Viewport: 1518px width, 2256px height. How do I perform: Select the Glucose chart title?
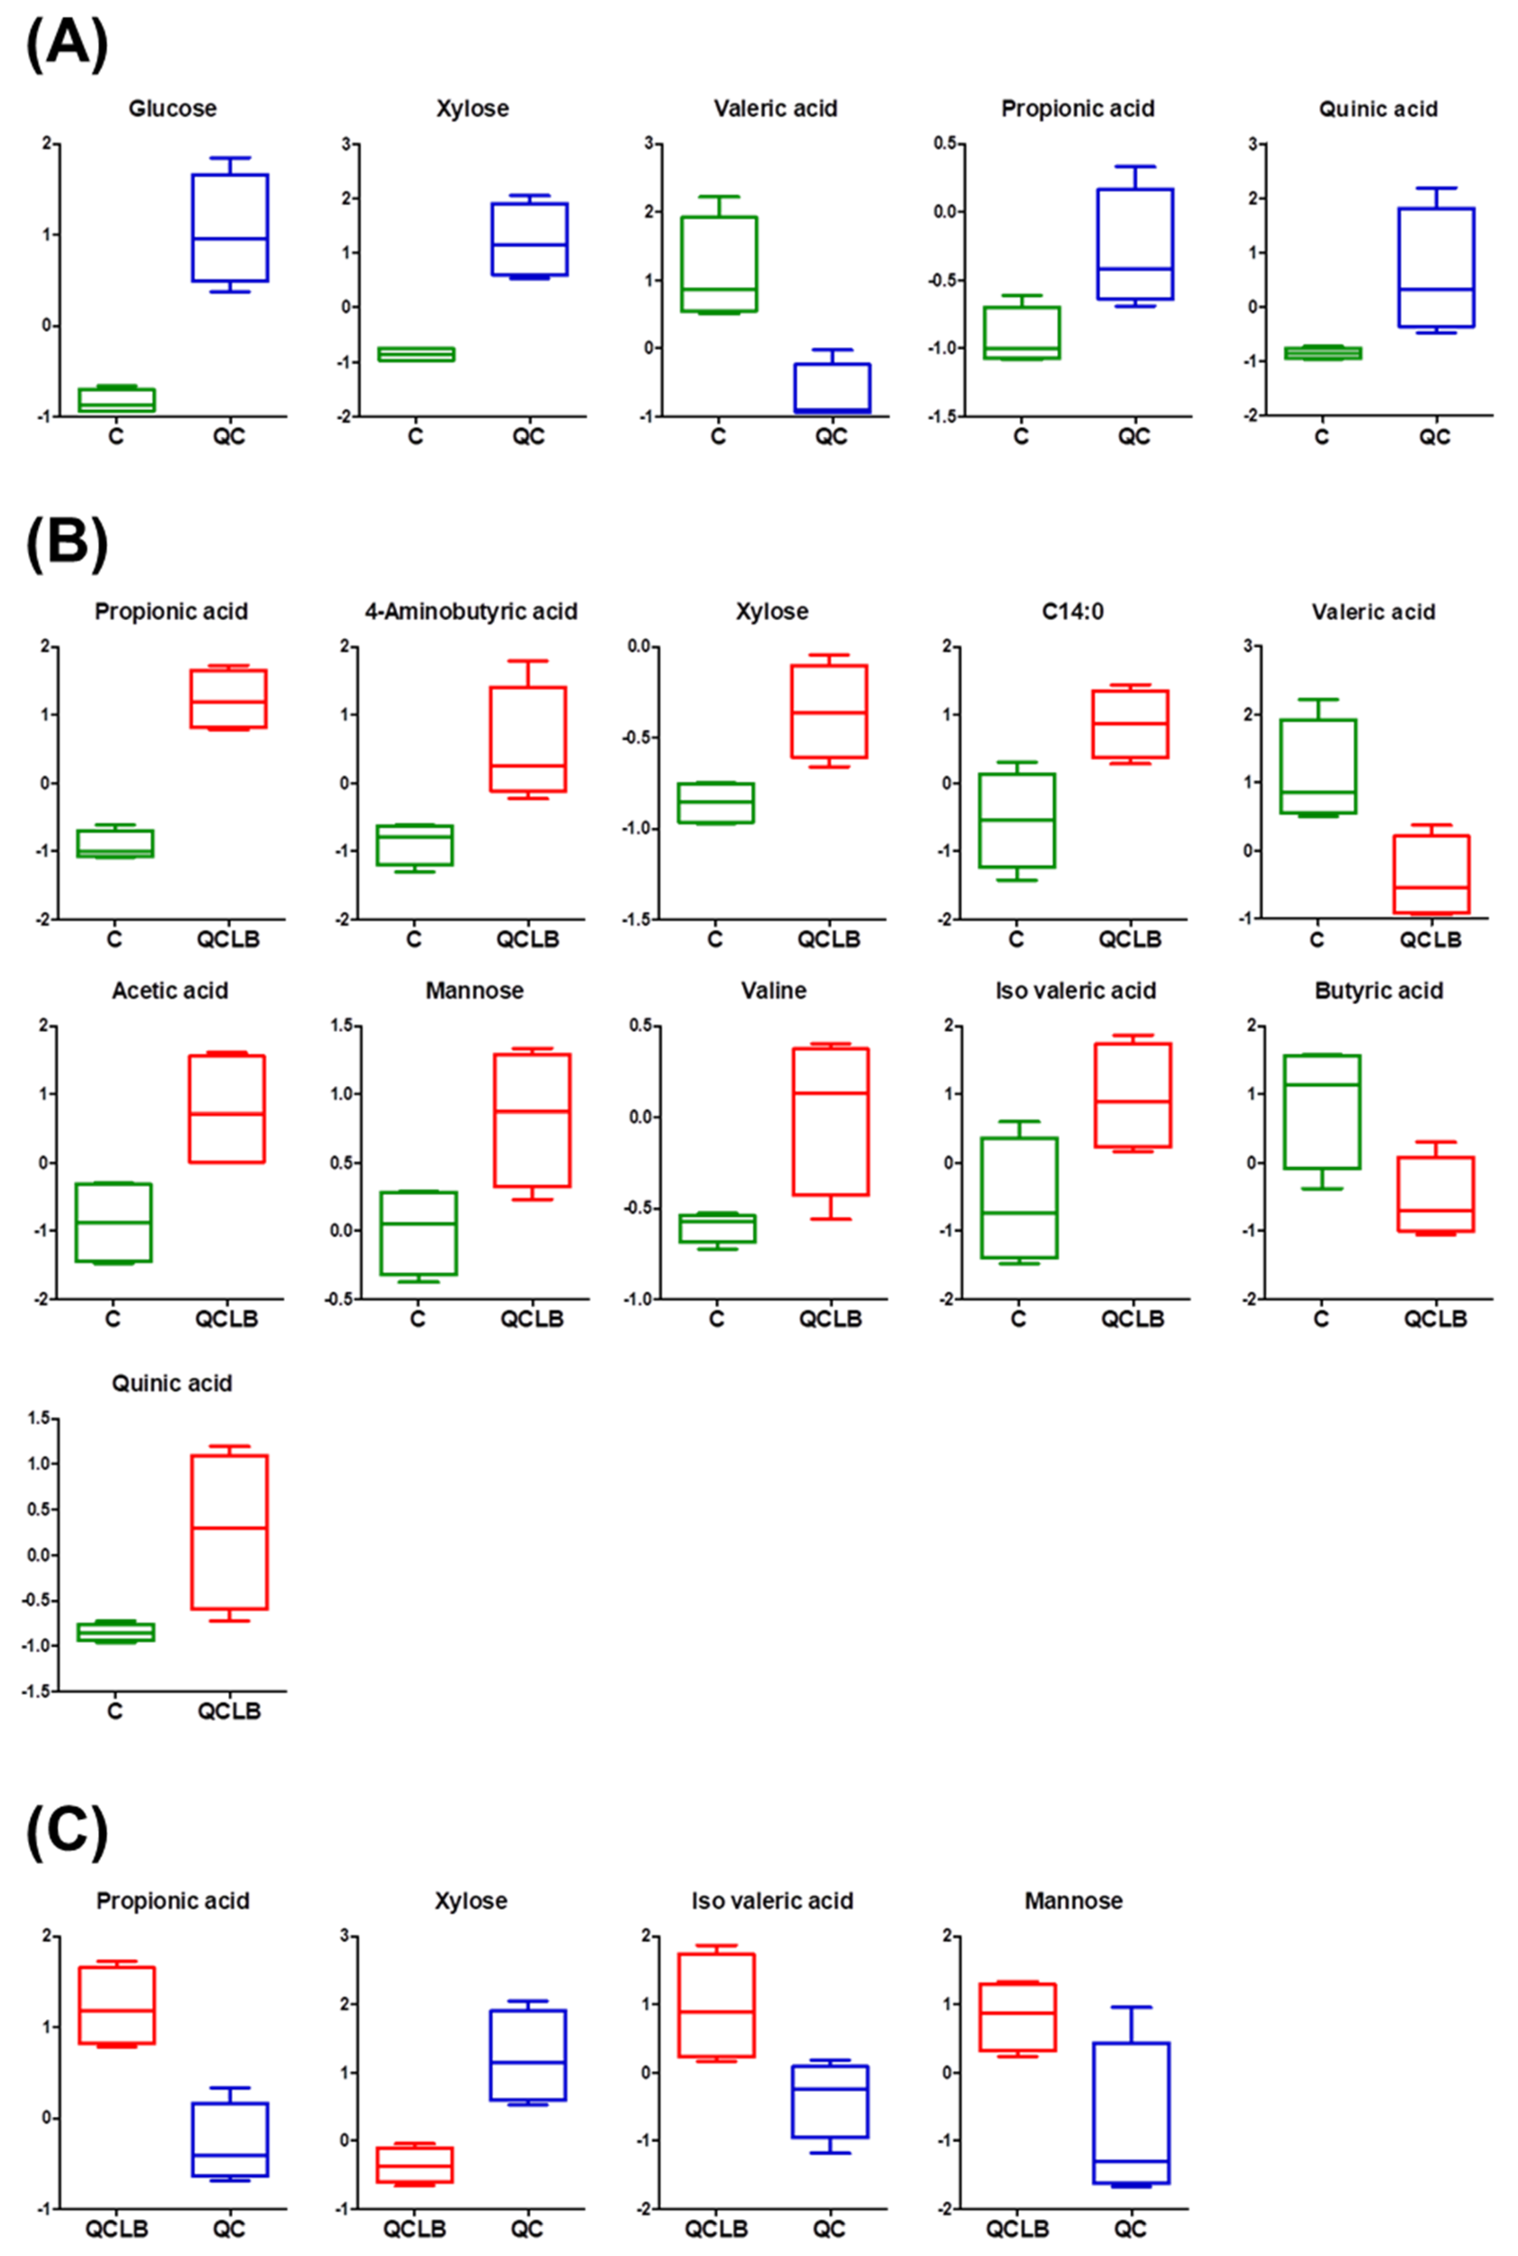[x=172, y=109]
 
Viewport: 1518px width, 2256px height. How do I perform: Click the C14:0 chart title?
[x=1073, y=612]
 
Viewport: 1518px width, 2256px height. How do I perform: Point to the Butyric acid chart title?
[x=1378, y=991]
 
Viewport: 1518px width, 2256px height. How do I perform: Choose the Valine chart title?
[x=773, y=991]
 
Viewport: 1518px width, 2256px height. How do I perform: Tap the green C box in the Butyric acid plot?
[x=1321, y=1112]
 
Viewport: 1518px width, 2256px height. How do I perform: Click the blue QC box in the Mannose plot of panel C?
[x=1131, y=2113]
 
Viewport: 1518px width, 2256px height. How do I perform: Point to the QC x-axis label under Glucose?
[x=229, y=438]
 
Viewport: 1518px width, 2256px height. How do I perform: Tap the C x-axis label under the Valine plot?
[x=716, y=1319]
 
